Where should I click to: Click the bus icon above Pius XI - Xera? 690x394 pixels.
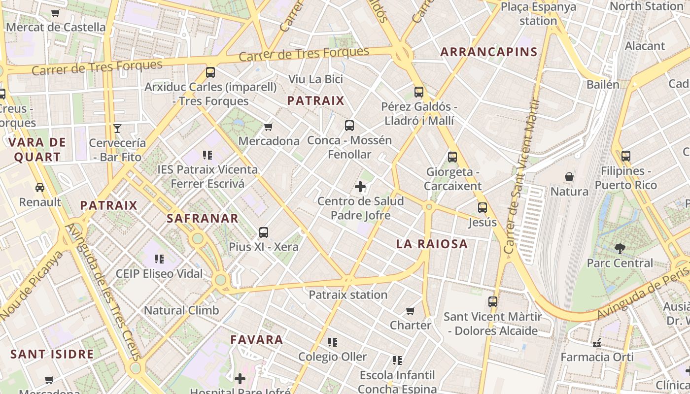tap(264, 232)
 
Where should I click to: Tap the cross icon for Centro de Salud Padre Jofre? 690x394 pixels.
tap(360, 187)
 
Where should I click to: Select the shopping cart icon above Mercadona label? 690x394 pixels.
tap(269, 127)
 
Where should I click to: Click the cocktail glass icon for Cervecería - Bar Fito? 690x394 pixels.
tap(117, 129)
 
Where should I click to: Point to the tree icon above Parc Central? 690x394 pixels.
tap(620, 249)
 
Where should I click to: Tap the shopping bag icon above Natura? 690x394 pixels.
tap(569, 177)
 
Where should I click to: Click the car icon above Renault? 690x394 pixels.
tap(40, 188)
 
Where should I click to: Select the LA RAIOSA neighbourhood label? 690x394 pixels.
tap(432, 244)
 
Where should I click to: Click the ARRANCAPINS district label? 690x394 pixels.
tap(488, 52)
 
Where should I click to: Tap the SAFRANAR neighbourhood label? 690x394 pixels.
tap(203, 218)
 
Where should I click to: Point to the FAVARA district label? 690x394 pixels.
tap(257, 339)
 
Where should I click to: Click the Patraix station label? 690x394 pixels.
tap(348, 295)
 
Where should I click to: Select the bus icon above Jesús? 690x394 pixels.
tap(483, 208)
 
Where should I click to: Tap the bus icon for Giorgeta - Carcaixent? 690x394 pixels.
tap(452, 157)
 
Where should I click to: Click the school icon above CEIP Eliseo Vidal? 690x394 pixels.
tap(159, 259)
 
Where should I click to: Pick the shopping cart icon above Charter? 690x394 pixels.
tap(410, 311)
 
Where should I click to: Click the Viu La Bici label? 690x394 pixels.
tap(315, 79)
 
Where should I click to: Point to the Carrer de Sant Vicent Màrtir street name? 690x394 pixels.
tap(521, 177)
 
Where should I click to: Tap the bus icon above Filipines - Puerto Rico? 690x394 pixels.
tap(626, 156)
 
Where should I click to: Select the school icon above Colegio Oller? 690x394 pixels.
tap(333, 342)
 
